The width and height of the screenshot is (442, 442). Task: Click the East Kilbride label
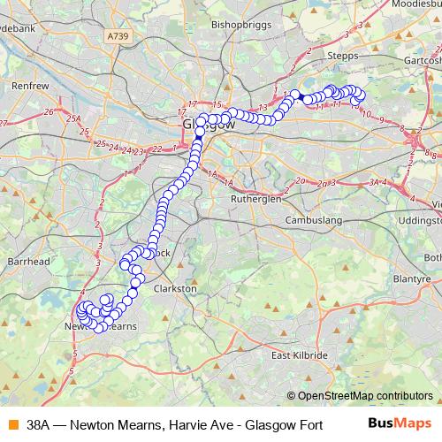click(x=300, y=355)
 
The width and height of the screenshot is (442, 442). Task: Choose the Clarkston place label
click(x=175, y=289)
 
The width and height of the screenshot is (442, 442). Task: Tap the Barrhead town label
click(x=25, y=262)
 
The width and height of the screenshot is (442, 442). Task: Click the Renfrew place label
click(x=30, y=87)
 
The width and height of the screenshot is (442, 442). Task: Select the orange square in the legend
click(x=11, y=424)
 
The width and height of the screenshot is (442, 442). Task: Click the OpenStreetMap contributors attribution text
click(x=364, y=396)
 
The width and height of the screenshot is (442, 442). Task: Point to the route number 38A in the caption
click(x=40, y=424)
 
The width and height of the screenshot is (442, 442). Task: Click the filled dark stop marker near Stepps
click(x=300, y=96)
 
